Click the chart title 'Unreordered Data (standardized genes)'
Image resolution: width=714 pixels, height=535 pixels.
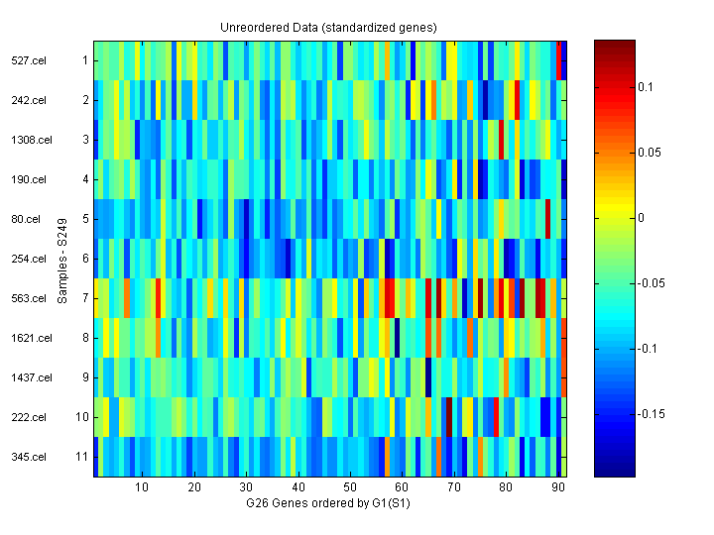point(328,27)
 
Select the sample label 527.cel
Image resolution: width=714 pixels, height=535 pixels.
point(29,60)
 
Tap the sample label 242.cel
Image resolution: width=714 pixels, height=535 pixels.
point(29,100)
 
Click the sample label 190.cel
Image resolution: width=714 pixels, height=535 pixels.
point(29,179)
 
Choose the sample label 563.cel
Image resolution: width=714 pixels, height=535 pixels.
point(29,298)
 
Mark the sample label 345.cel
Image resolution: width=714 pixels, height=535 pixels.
point(29,457)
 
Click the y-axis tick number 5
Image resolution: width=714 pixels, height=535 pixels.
point(85,219)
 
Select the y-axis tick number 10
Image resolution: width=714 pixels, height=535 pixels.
point(82,417)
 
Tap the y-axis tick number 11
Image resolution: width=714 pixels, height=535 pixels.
point(82,457)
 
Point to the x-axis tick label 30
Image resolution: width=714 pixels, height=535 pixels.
point(246,487)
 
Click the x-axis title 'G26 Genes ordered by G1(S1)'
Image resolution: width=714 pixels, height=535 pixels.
point(328,504)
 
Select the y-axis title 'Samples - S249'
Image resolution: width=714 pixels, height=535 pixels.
point(62,260)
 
